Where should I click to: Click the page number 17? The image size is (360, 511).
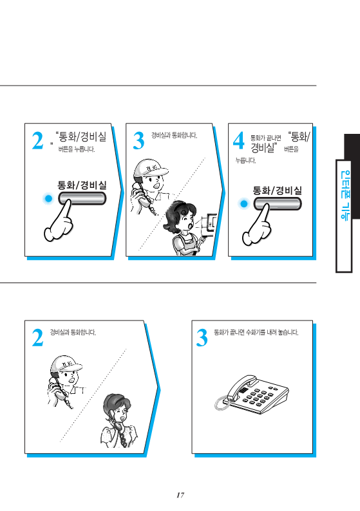pyautogui.click(x=180, y=495)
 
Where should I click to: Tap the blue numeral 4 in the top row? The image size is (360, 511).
pyautogui.click(x=238, y=140)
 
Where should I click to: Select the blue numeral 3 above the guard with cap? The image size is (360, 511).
pyautogui.click(x=138, y=141)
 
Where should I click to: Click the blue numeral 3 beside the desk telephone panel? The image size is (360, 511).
pyautogui.click(x=202, y=338)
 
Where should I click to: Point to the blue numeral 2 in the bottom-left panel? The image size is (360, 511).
pyautogui.click(x=37, y=337)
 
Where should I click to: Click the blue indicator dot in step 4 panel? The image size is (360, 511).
pyautogui.click(x=243, y=204)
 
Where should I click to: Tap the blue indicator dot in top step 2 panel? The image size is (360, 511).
pyautogui.click(x=48, y=198)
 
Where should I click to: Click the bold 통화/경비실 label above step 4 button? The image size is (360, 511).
pyautogui.click(x=277, y=190)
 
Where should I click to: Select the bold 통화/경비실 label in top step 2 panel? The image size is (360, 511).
pyautogui.click(x=82, y=185)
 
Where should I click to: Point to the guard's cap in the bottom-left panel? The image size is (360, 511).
pyautogui.click(x=66, y=364)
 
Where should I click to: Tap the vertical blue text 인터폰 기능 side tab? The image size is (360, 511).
pyautogui.click(x=345, y=196)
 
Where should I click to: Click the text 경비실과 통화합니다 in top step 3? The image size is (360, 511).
pyautogui.click(x=174, y=136)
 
